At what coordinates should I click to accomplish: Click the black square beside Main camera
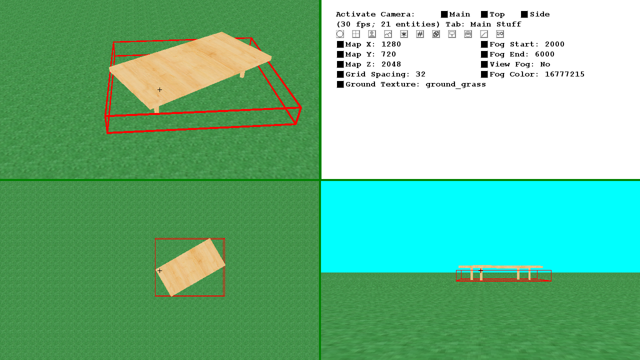[444, 14]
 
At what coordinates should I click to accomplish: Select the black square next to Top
[484, 14]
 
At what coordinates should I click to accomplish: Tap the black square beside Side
[524, 14]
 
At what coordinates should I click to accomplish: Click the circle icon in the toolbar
[340, 34]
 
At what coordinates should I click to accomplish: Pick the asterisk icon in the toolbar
[404, 34]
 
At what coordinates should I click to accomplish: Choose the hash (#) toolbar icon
[420, 34]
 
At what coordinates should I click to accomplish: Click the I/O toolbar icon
[500, 34]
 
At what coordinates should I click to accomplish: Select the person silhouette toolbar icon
[372, 34]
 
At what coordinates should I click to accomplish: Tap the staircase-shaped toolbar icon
[484, 34]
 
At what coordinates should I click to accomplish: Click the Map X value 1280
[391, 44]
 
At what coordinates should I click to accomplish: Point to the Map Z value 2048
[391, 64]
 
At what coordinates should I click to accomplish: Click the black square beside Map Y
[340, 54]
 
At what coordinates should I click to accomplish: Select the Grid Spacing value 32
[420, 74]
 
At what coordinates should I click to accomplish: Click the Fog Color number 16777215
[564, 74]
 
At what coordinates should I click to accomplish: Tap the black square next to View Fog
[484, 64]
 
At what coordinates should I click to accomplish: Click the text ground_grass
[455, 84]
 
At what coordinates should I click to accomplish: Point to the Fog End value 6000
[544, 54]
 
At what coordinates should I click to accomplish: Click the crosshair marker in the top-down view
[159, 270]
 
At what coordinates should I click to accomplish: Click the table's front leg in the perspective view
[156, 110]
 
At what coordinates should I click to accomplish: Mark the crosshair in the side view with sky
[481, 270]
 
